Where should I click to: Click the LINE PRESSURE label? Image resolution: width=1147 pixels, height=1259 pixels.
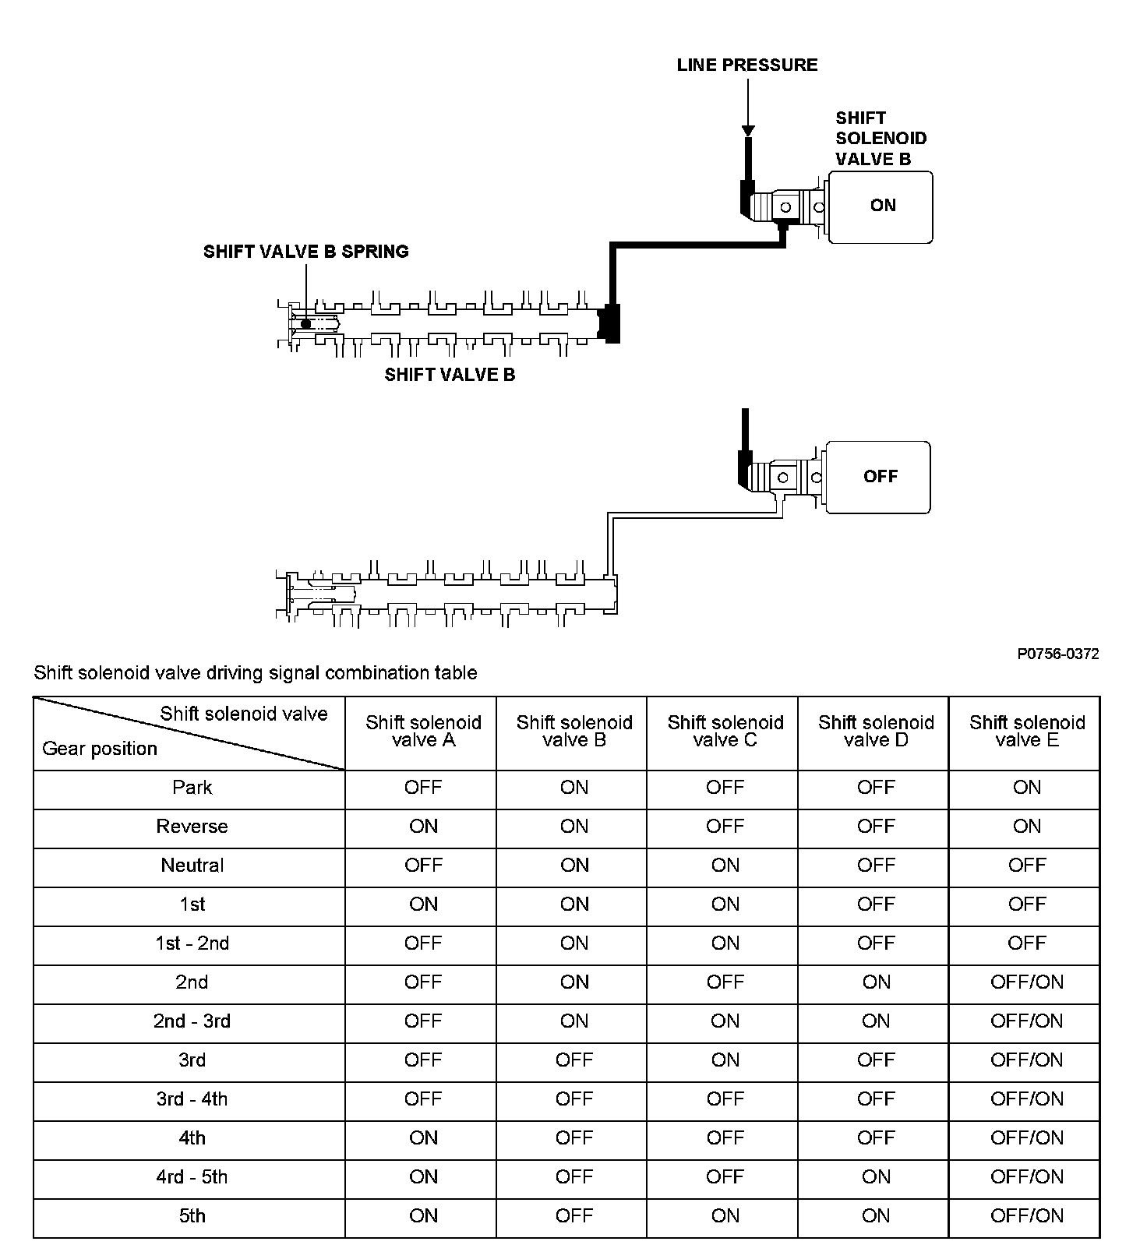pyautogui.click(x=747, y=65)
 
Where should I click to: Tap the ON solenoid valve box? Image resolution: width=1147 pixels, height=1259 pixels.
pyautogui.click(x=880, y=207)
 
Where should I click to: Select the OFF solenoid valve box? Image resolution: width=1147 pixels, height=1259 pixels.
pyautogui.click(x=877, y=477)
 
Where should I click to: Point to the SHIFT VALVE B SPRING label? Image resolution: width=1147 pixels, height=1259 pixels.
pyautogui.click(x=305, y=252)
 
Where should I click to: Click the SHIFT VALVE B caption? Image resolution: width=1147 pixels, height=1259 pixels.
pyautogui.click(x=450, y=375)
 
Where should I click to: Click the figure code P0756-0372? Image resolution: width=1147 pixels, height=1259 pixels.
pyautogui.click(x=1057, y=654)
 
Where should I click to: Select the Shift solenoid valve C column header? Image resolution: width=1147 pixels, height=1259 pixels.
pyautogui.click(x=725, y=732)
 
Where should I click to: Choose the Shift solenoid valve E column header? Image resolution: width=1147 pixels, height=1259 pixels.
pyautogui.click(x=1026, y=732)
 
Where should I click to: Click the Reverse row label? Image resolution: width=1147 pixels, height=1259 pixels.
pyautogui.click(x=192, y=827)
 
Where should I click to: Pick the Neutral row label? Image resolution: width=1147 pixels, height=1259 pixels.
pyautogui.click(x=192, y=866)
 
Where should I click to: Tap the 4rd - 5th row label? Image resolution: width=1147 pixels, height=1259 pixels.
pyautogui.click(x=192, y=1177)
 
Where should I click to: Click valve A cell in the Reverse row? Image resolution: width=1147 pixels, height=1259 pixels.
pyautogui.click(x=423, y=827)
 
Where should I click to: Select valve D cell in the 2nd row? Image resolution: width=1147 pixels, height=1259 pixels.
pyautogui.click(x=876, y=982)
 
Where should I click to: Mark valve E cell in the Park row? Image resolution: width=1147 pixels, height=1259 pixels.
pyautogui.click(x=1026, y=788)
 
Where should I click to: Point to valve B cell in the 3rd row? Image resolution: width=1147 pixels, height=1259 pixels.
pyautogui.click(x=574, y=1060)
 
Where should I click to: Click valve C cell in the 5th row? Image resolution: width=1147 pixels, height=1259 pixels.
pyautogui.click(x=725, y=1216)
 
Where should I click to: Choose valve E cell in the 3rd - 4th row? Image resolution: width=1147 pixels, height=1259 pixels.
pyautogui.click(x=1026, y=1099)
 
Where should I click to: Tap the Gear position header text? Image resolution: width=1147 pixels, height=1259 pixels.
pyautogui.click(x=100, y=749)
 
